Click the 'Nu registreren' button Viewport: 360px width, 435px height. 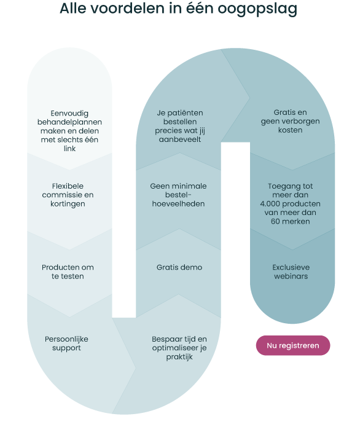[x=293, y=345]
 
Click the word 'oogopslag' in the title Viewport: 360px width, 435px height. [x=257, y=9]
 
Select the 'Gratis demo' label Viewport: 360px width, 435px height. [x=179, y=267]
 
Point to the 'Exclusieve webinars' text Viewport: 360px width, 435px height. [x=291, y=272]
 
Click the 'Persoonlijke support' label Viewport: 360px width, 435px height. [x=66, y=343]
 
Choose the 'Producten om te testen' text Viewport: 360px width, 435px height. [x=68, y=272]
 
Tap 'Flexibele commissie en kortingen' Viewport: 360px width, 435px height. [x=68, y=195]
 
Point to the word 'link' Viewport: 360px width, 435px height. [x=69, y=149]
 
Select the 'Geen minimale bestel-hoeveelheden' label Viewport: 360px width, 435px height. [x=178, y=195]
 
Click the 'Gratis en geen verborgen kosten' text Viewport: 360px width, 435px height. [x=290, y=121]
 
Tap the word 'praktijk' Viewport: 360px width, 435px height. [x=179, y=357]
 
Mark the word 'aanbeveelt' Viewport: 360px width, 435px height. [x=180, y=139]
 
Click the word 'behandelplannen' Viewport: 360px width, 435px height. [x=69, y=122]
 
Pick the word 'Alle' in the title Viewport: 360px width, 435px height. [x=73, y=8]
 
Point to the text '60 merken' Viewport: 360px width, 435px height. [x=291, y=221]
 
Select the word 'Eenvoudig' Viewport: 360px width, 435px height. [x=69, y=114]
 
